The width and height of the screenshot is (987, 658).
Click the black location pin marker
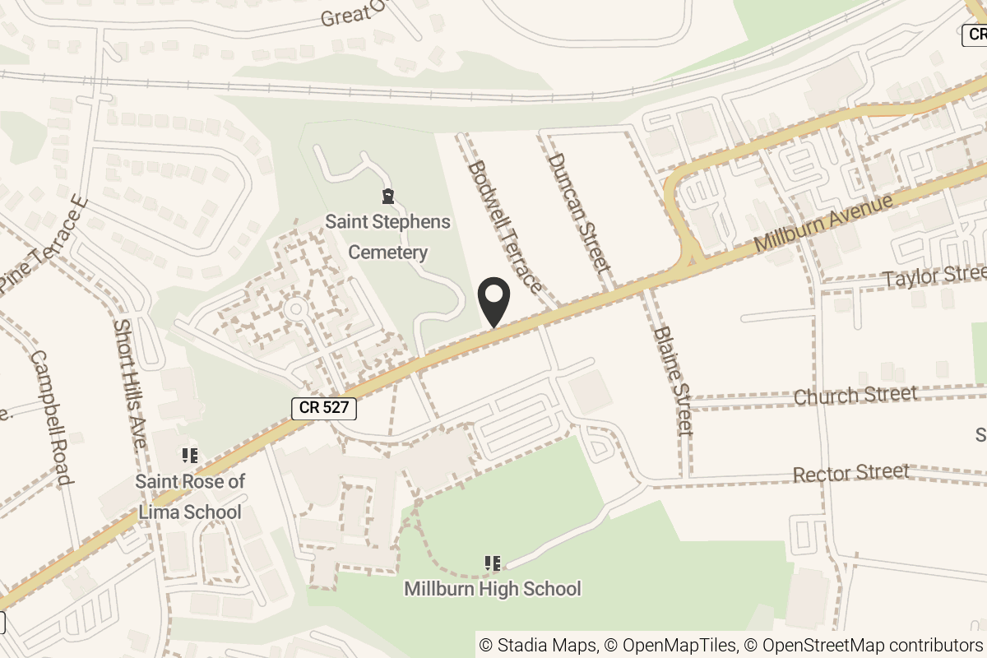coord(494,302)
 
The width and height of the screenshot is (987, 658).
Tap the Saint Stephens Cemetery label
coord(387,237)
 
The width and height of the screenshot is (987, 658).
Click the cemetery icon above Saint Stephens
coord(387,197)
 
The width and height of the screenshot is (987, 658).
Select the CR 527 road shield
coord(324,407)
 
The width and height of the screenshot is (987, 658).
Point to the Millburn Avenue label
coord(823,224)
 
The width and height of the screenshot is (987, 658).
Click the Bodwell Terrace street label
coord(504,227)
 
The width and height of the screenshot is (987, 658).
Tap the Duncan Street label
coord(580,212)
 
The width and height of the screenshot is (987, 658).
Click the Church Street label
coord(855,396)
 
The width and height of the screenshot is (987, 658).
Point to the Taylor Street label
coord(934,276)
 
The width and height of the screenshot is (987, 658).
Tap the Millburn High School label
coord(493,589)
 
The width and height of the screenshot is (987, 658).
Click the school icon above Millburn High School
coord(493,563)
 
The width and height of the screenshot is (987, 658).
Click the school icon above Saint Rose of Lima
coord(190,455)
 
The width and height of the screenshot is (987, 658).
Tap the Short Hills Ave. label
coord(130,383)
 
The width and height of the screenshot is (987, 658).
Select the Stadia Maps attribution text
coord(538,645)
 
